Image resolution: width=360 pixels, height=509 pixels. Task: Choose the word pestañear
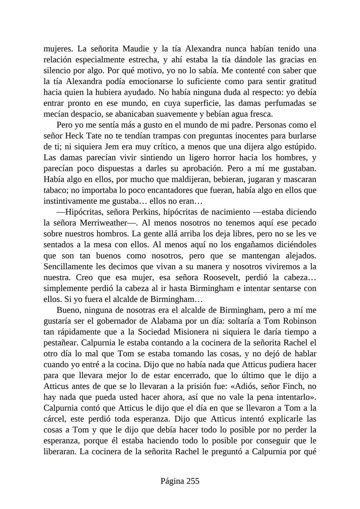(x=61, y=343)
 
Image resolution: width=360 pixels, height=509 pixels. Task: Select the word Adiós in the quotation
(x=238, y=387)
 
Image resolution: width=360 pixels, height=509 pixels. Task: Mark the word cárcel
(x=55, y=419)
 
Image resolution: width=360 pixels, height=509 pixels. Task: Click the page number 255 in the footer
(x=193, y=481)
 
